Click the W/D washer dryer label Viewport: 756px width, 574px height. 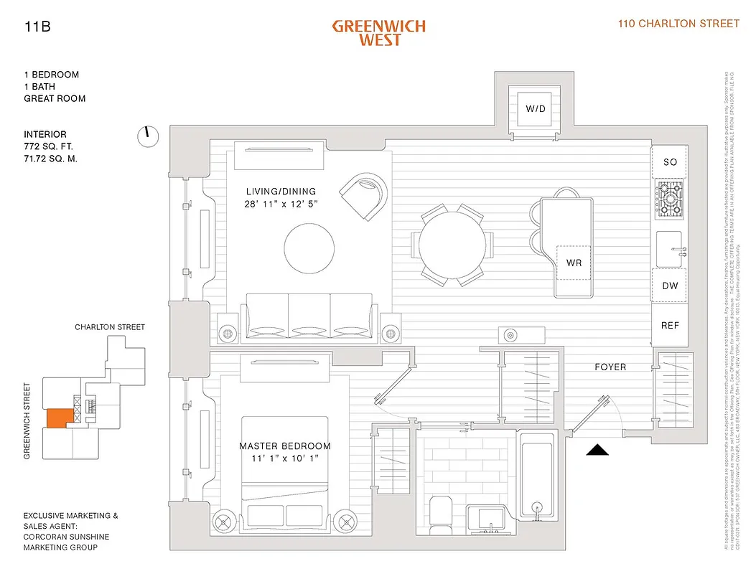535,109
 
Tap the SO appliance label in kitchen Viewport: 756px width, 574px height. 670,162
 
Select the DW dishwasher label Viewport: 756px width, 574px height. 670,286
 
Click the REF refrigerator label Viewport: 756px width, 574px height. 670,325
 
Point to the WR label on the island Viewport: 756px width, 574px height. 574,263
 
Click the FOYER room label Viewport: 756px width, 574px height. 610,367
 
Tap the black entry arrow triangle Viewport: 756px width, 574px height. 598,450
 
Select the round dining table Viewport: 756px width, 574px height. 452,245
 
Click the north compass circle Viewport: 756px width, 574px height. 148,136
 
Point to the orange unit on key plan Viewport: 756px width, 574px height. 57,418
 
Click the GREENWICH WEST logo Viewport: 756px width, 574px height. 378,32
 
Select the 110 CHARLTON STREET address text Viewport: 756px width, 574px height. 678,24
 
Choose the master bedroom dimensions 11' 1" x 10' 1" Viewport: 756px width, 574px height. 284,458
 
